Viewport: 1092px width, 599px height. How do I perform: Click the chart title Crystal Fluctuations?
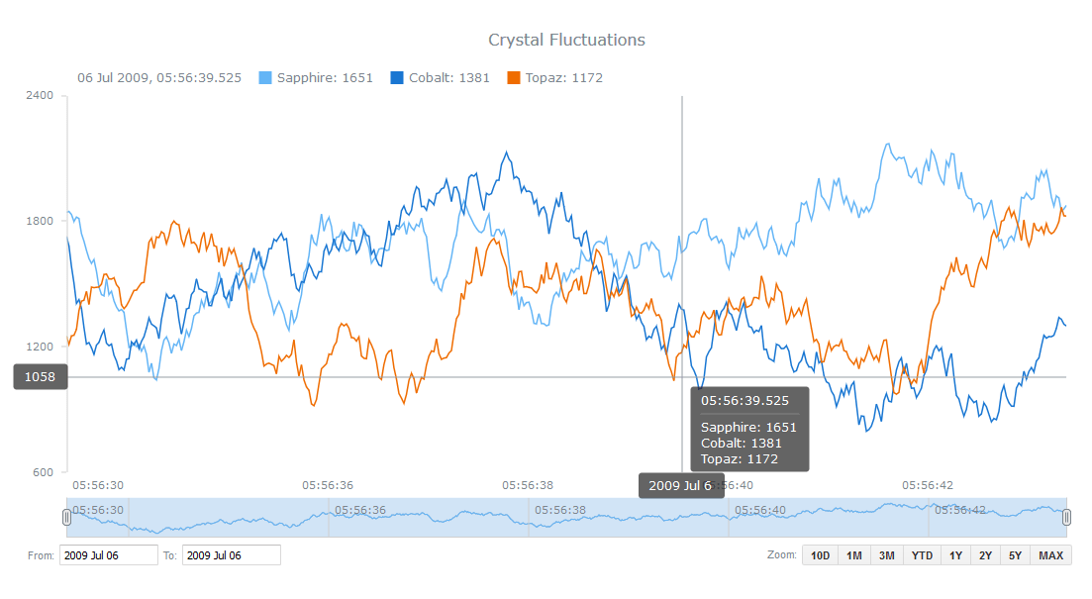click(x=566, y=40)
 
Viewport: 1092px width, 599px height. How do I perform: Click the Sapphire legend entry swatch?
click(x=265, y=78)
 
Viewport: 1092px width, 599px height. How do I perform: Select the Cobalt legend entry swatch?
click(x=397, y=78)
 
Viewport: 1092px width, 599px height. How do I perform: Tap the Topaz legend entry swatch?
click(x=514, y=78)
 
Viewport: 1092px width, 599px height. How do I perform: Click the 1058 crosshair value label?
click(x=40, y=377)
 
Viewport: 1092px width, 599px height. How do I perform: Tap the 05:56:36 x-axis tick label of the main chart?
click(x=327, y=485)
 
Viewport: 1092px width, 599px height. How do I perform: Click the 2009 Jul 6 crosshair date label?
click(x=680, y=485)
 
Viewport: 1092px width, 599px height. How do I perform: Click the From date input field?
click(x=108, y=555)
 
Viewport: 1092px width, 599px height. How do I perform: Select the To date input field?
click(x=231, y=555)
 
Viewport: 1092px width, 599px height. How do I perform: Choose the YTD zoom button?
click(x=922, y=555)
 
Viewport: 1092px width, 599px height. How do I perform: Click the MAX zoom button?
click(x=1051, y=555)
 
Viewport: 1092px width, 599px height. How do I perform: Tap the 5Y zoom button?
click(x=1016, y=555)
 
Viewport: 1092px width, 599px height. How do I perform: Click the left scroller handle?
click(x=66, y=517)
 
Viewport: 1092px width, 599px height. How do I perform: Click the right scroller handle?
click(x=1067, y=517)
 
